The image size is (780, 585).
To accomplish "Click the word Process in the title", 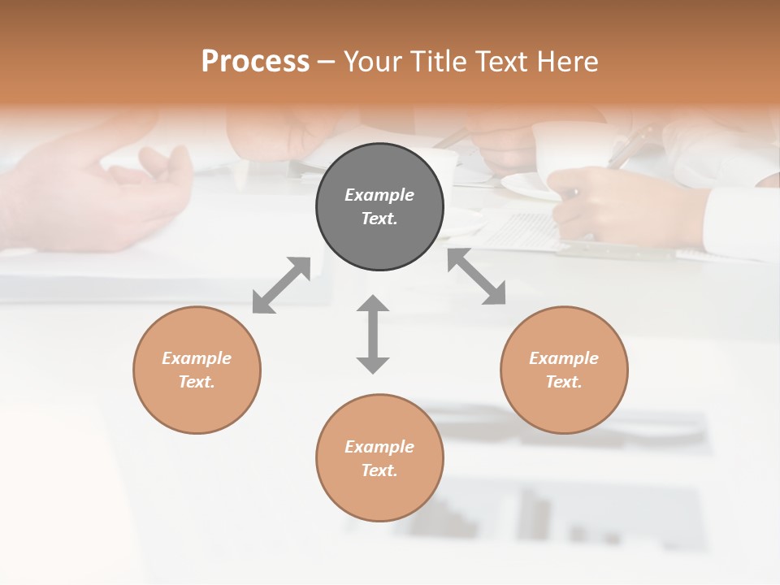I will tap(255, 62).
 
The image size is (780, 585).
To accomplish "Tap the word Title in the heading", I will tap(435, 62).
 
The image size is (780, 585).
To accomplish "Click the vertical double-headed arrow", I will tap(373, 334).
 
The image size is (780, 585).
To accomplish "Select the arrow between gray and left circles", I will tap(281, 285).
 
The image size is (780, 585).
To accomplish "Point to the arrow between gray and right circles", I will tap(476, 276).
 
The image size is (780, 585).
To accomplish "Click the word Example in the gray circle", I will tap(379, 195).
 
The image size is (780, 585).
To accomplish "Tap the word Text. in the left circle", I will tap(197, 382).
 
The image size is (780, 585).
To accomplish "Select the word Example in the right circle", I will tap(564, 358).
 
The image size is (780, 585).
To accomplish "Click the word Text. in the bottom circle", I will tap(379, 470).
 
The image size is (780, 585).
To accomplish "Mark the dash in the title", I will tap(327, 62).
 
